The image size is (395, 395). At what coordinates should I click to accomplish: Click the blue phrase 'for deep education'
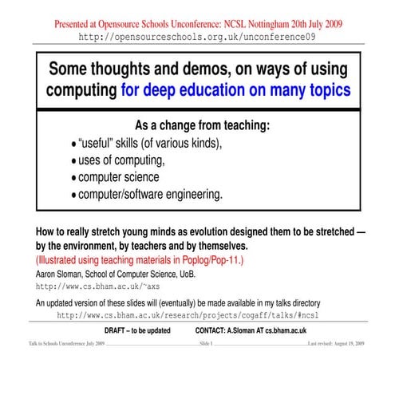pos(184,91)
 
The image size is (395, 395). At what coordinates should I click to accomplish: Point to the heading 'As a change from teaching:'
pos(203,125)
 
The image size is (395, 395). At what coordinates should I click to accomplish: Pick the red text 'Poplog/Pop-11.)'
pos(207,260)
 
